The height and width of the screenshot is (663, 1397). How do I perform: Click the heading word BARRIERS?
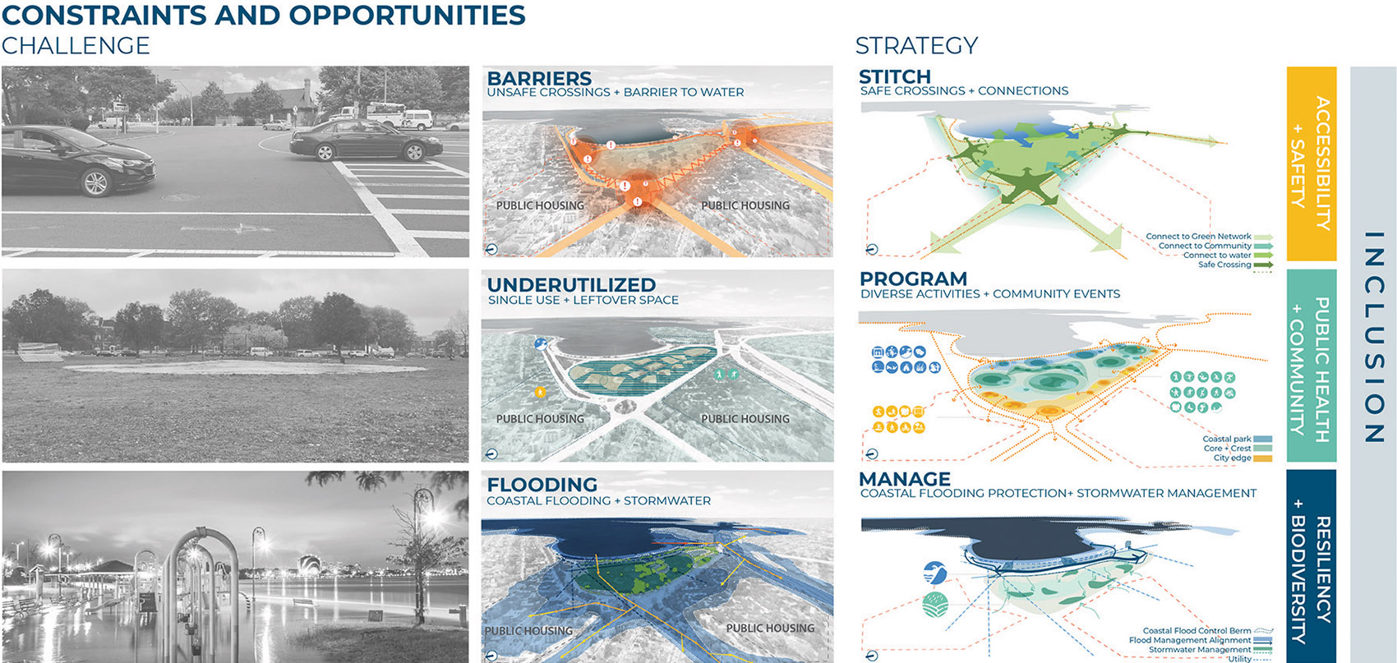tap(539, 78)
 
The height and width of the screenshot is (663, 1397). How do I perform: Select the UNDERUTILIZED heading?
tap(571, 284)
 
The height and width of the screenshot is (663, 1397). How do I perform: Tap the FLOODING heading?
tap(542, 485)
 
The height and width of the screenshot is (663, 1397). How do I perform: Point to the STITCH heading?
tap(895, 76)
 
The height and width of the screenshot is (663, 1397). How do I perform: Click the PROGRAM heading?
tap(913, 279)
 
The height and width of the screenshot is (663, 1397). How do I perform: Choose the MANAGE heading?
tap(905, 479)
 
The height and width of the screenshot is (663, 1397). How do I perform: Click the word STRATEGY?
tap(916, 45)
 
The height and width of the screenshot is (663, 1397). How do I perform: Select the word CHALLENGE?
tap(76, 45)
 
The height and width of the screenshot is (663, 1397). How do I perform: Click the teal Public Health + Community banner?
tap(1311, 365)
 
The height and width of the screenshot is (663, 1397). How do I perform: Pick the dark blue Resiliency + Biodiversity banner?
tap(1311, 567)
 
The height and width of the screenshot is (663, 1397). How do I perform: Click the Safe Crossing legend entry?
tap(1224, 265)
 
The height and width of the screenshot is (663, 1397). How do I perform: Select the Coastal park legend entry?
tap(1227, 440)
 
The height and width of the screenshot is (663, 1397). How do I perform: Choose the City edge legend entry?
tap(1232, 458)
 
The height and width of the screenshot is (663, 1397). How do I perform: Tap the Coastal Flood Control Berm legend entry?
tap(1196, 631)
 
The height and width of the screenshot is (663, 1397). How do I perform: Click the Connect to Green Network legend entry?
tap(1198, 237)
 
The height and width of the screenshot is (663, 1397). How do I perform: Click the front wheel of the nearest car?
tap(96, 182)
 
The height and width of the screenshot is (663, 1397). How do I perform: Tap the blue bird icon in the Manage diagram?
tap(934, 573)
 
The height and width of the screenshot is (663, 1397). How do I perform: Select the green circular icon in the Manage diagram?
tap(935, 605)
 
